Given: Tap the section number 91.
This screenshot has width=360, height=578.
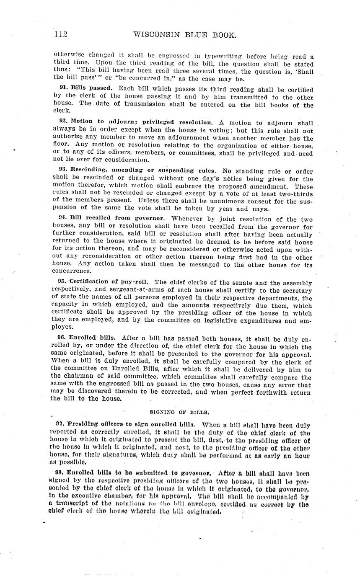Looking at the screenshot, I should point(64,88).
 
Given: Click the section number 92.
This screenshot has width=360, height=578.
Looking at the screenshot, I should point(64,122).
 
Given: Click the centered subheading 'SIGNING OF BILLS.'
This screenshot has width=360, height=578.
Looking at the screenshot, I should point(180,412).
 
